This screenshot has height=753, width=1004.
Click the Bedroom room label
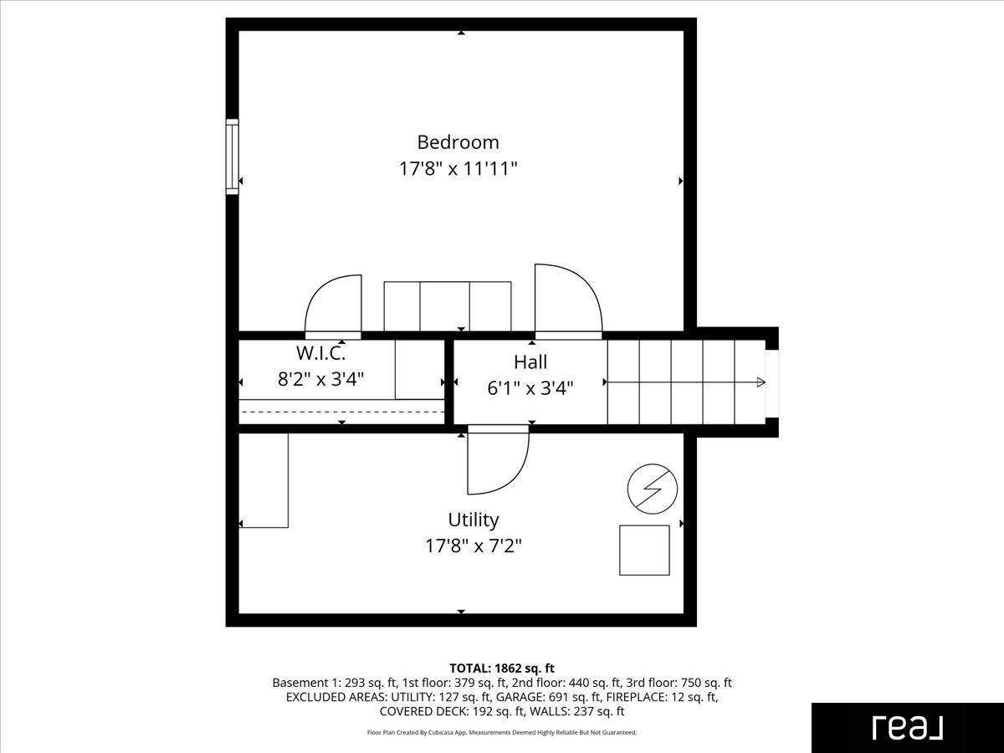[x=458, y=142]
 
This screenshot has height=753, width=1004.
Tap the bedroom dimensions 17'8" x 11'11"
[x=458, y=169]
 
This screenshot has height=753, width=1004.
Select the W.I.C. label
[x=320, y=352]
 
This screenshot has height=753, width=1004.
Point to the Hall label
[x=530, y=362]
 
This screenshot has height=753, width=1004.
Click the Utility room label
[x=474, y=520]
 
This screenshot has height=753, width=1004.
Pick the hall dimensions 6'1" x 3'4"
[x=530, y=388]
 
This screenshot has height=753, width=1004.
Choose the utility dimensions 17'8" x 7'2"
[x=474, y=546]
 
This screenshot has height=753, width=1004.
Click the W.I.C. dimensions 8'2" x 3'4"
[x=320, y=379]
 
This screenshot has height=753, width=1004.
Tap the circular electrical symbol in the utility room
[x=653, y=489]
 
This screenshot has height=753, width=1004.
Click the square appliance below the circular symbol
[x=644, y=550]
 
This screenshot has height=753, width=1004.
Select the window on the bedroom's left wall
[x=233, y=156]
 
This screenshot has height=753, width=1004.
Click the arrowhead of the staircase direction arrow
[x=761, y=382]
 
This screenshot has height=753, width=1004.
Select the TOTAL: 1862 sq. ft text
[x=502, y=668]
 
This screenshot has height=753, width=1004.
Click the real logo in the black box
[x=908, y=728]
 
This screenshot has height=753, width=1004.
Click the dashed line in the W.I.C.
[x=342, y=412]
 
